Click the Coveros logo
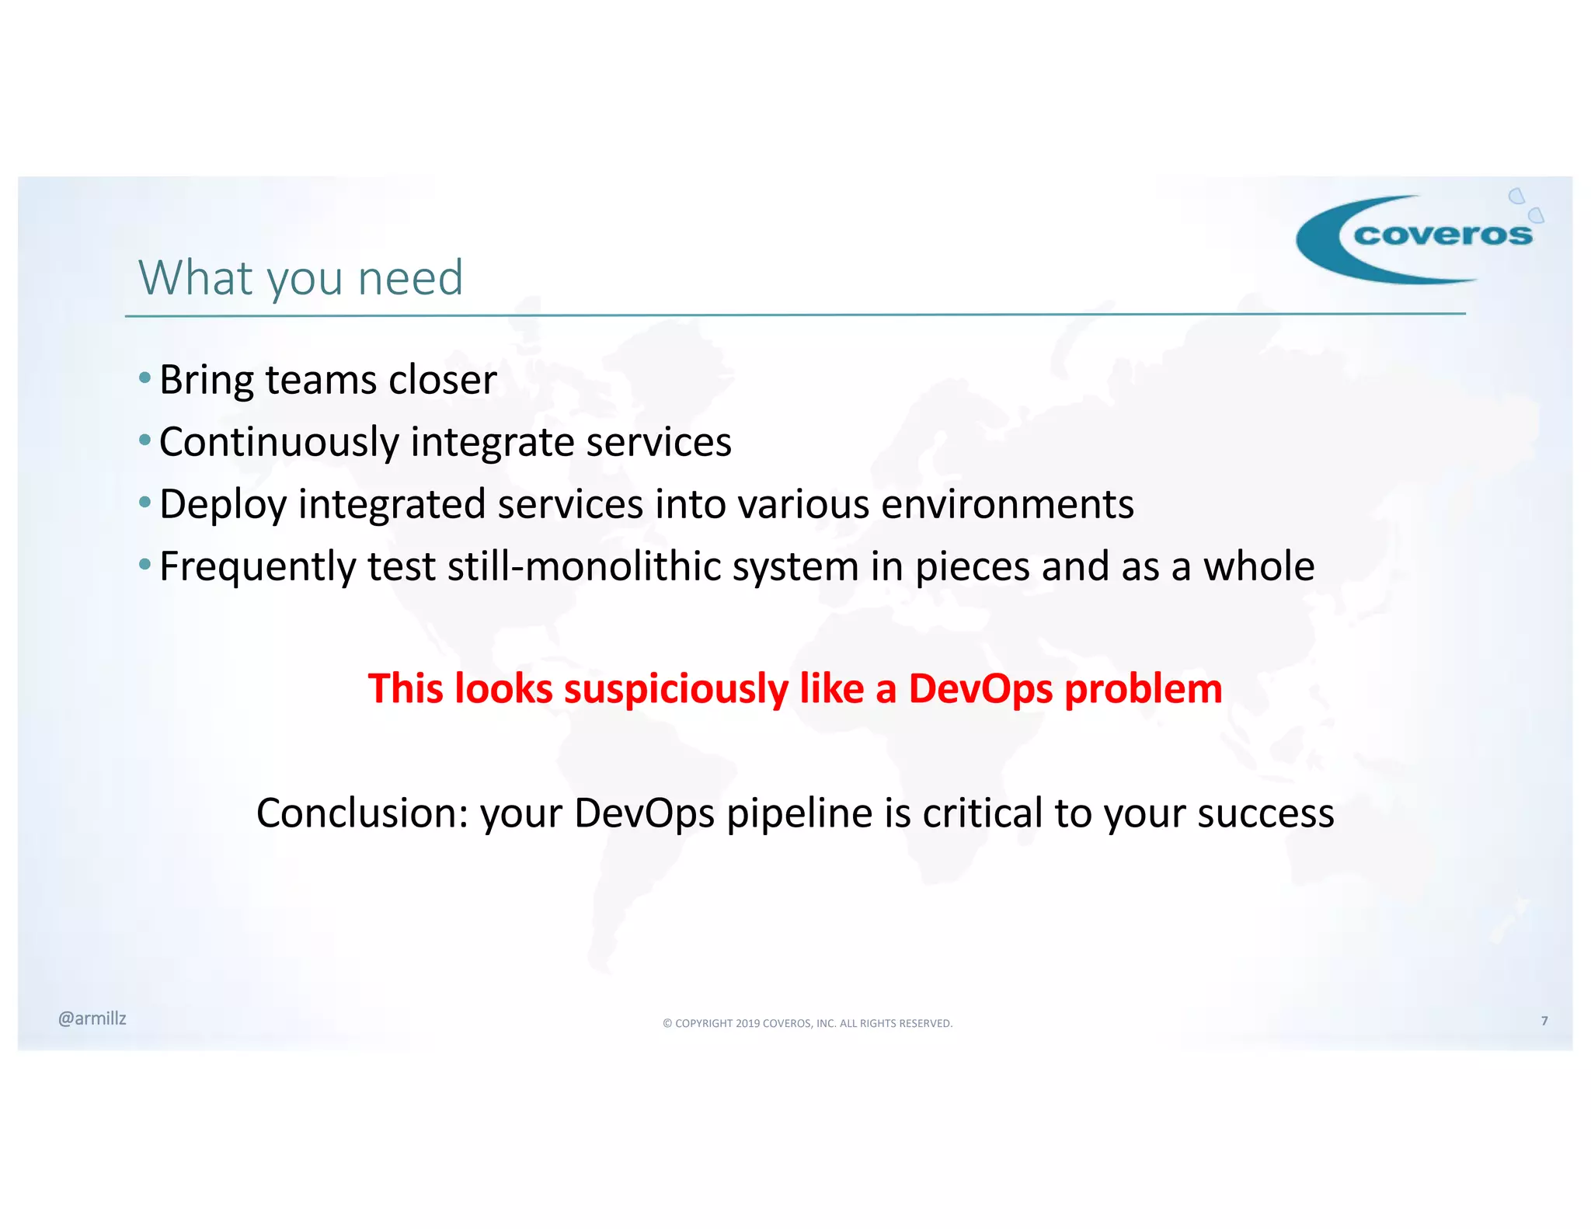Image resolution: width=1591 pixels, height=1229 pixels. coord(1418,237)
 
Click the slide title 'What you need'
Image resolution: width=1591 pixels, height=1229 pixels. coord(301,277)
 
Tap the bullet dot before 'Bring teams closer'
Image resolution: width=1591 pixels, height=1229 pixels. coord(144,378)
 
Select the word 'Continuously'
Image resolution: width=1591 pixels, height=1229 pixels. coord(279,442)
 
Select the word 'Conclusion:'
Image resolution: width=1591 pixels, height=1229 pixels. coord(362,813)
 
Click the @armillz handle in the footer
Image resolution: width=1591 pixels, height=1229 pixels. coord(92,1018)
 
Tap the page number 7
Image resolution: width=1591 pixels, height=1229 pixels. coord(1544,1021)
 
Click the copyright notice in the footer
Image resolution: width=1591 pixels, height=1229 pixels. coord(807,1023)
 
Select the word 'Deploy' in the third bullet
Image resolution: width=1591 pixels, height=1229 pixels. coord(223,504)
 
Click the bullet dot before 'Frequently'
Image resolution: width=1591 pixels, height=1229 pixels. coord(144,564)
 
